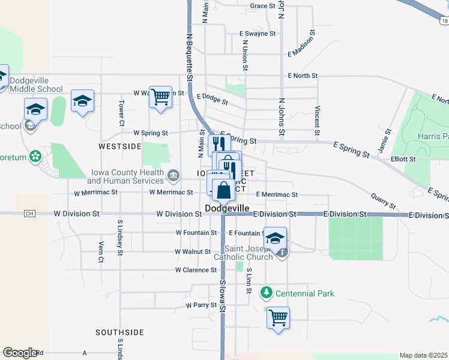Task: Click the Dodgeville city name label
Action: click(227, 207)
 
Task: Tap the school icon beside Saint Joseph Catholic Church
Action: click(275, 238)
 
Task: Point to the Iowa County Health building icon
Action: click(173, 176)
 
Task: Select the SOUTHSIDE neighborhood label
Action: click(119, 332)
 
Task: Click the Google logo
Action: click(20, 353)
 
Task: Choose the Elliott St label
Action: click(403, 159)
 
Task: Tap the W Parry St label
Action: click(200, 305)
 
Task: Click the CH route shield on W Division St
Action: click(30, 214)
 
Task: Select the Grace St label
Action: click(262, 6)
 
